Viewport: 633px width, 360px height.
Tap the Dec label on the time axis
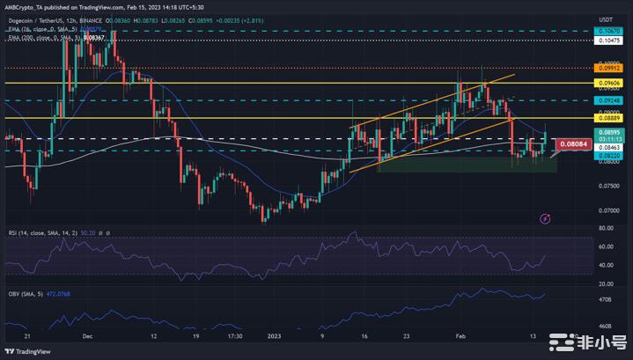click(86, 335)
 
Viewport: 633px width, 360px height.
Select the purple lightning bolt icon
click(545, 217)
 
